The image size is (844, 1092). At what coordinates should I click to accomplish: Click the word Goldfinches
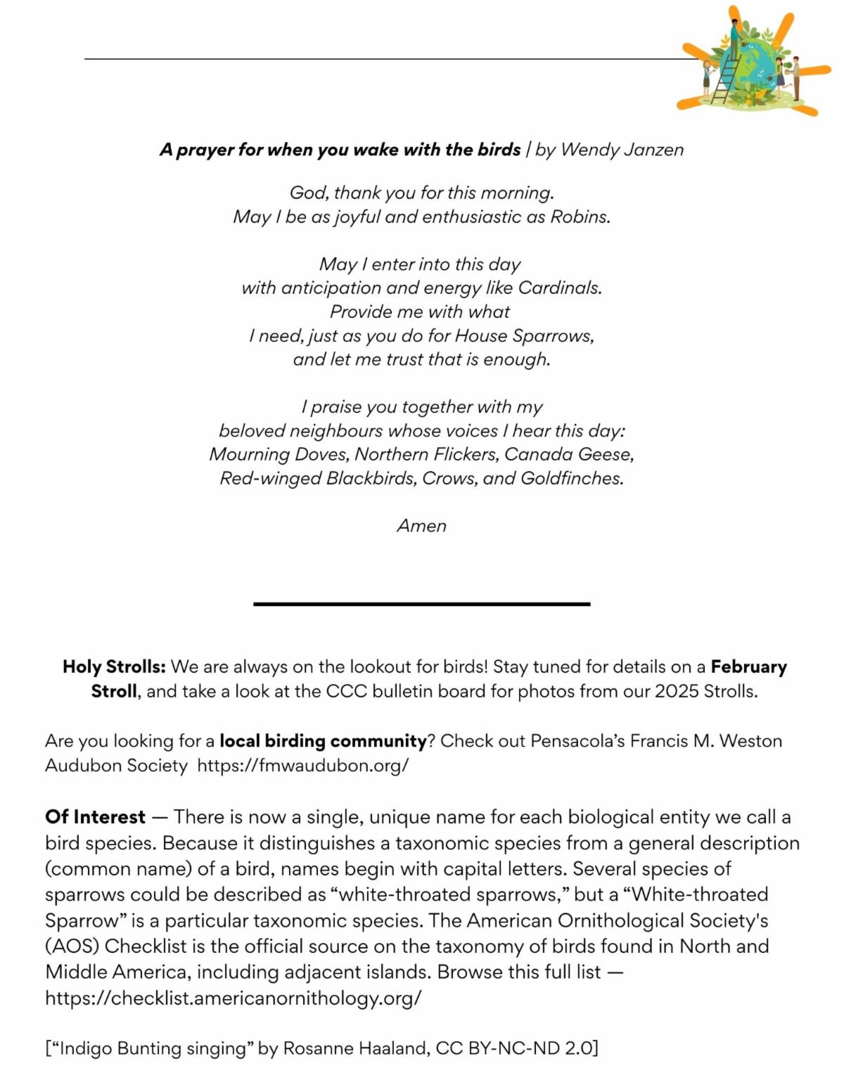click(571, 478)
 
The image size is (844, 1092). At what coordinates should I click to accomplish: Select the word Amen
click(421, 526)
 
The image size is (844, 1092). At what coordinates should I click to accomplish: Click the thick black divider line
click(421, 603)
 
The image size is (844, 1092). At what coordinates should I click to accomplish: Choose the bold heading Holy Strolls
click(114, 667)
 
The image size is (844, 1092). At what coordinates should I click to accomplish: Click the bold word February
click(748, 667)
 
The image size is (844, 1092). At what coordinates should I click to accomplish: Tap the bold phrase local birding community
click(323, 741)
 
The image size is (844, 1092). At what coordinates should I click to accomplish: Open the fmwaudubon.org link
click(302, 765)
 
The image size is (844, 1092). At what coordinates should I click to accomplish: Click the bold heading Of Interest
click(95, 817)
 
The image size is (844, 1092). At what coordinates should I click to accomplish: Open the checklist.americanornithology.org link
click(233, 998)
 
